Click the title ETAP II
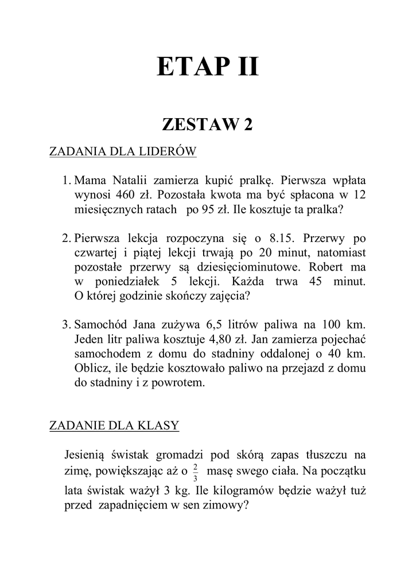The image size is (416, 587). [208, 67]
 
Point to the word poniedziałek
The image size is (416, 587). [122, 282]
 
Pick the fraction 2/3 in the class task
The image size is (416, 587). [196, 472]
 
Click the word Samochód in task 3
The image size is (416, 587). [102, 325]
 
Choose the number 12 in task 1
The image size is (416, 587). [359, 194]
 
